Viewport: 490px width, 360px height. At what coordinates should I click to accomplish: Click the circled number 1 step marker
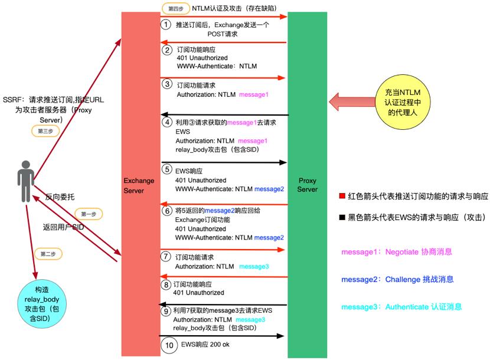(x=166, y=24)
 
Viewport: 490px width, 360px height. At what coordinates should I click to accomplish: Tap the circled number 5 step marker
(x=167, y=169)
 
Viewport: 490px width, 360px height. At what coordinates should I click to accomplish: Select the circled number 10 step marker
(x=169, y=345)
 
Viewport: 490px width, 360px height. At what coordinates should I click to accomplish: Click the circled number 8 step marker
(x=166, y=284)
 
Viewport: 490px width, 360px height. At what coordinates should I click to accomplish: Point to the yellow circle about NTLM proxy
(x=403, y=102)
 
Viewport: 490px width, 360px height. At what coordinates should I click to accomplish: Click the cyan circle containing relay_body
(x=42, y=304)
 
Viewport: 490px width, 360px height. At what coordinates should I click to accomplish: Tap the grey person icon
(x=25, y=181)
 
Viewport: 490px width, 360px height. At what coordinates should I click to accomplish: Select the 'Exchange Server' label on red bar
(x=139, y=186)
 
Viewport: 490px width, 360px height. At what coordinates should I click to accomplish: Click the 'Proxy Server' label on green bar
(x=308, y=185)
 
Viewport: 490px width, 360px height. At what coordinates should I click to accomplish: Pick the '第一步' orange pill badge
(x=89, y=214)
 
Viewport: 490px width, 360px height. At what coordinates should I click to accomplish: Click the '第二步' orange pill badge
(x=48, y=254)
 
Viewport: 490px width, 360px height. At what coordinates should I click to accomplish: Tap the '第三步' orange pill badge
(x=45, y=131)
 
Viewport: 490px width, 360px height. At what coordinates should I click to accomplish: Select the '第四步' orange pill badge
(x=176, y=9)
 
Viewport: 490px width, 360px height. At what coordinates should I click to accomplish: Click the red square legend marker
(x=342, y=196)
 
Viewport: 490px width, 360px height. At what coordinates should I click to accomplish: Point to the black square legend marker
(x=342, y=217)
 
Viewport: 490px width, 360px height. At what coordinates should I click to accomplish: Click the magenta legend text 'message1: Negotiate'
(x=397, y=252)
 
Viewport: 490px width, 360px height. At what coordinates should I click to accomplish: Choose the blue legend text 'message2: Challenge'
(x=397, y=279)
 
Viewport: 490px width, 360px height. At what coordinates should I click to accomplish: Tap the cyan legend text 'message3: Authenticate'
(x=401, y=307)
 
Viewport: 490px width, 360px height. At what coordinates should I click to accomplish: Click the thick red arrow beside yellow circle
(x=352, y=102)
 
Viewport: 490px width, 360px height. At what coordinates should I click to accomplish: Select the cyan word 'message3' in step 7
(x=254, y=267)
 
